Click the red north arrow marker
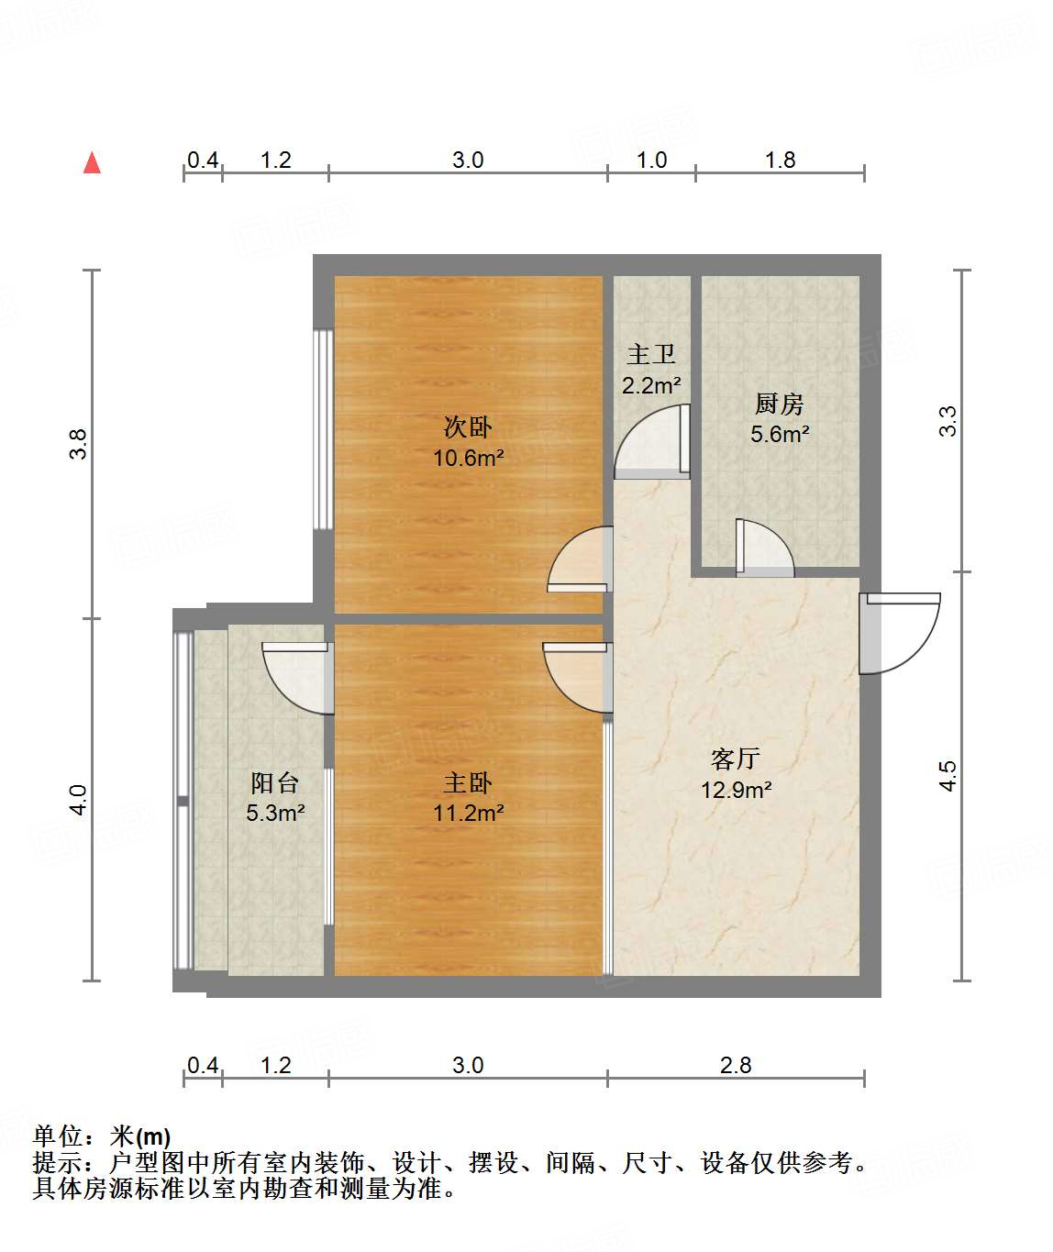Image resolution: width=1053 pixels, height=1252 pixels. (x=92, y=163)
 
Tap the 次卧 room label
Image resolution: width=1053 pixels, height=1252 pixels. (x=468, y=427)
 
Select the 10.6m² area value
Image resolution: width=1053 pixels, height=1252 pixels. (x=468, y=458)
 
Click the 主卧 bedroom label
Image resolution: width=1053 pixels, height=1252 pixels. (x=468, y=782)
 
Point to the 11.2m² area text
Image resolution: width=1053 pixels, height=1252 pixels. (x=468, y=813)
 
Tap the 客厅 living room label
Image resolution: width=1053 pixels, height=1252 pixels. (x=736, y=759)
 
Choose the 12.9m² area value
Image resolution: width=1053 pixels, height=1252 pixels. (x=736, y=790)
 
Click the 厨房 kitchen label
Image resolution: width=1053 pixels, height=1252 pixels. (x=780, y=403)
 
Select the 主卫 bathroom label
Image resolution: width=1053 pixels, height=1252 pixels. (x=651, y=354)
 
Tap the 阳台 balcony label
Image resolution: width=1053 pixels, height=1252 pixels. (x=275, y=782)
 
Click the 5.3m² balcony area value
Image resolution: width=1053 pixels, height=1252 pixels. (x=275, y=813)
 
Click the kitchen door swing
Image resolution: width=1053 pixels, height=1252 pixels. (x=762, y=549)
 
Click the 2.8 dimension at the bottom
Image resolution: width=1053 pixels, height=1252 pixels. (x=736, y=1065)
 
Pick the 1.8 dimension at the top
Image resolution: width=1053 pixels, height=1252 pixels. (x=780, y=161)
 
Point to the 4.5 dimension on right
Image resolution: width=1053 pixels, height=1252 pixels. (x=948, y=776)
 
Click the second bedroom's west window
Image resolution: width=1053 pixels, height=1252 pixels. (x=321, y=429)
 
